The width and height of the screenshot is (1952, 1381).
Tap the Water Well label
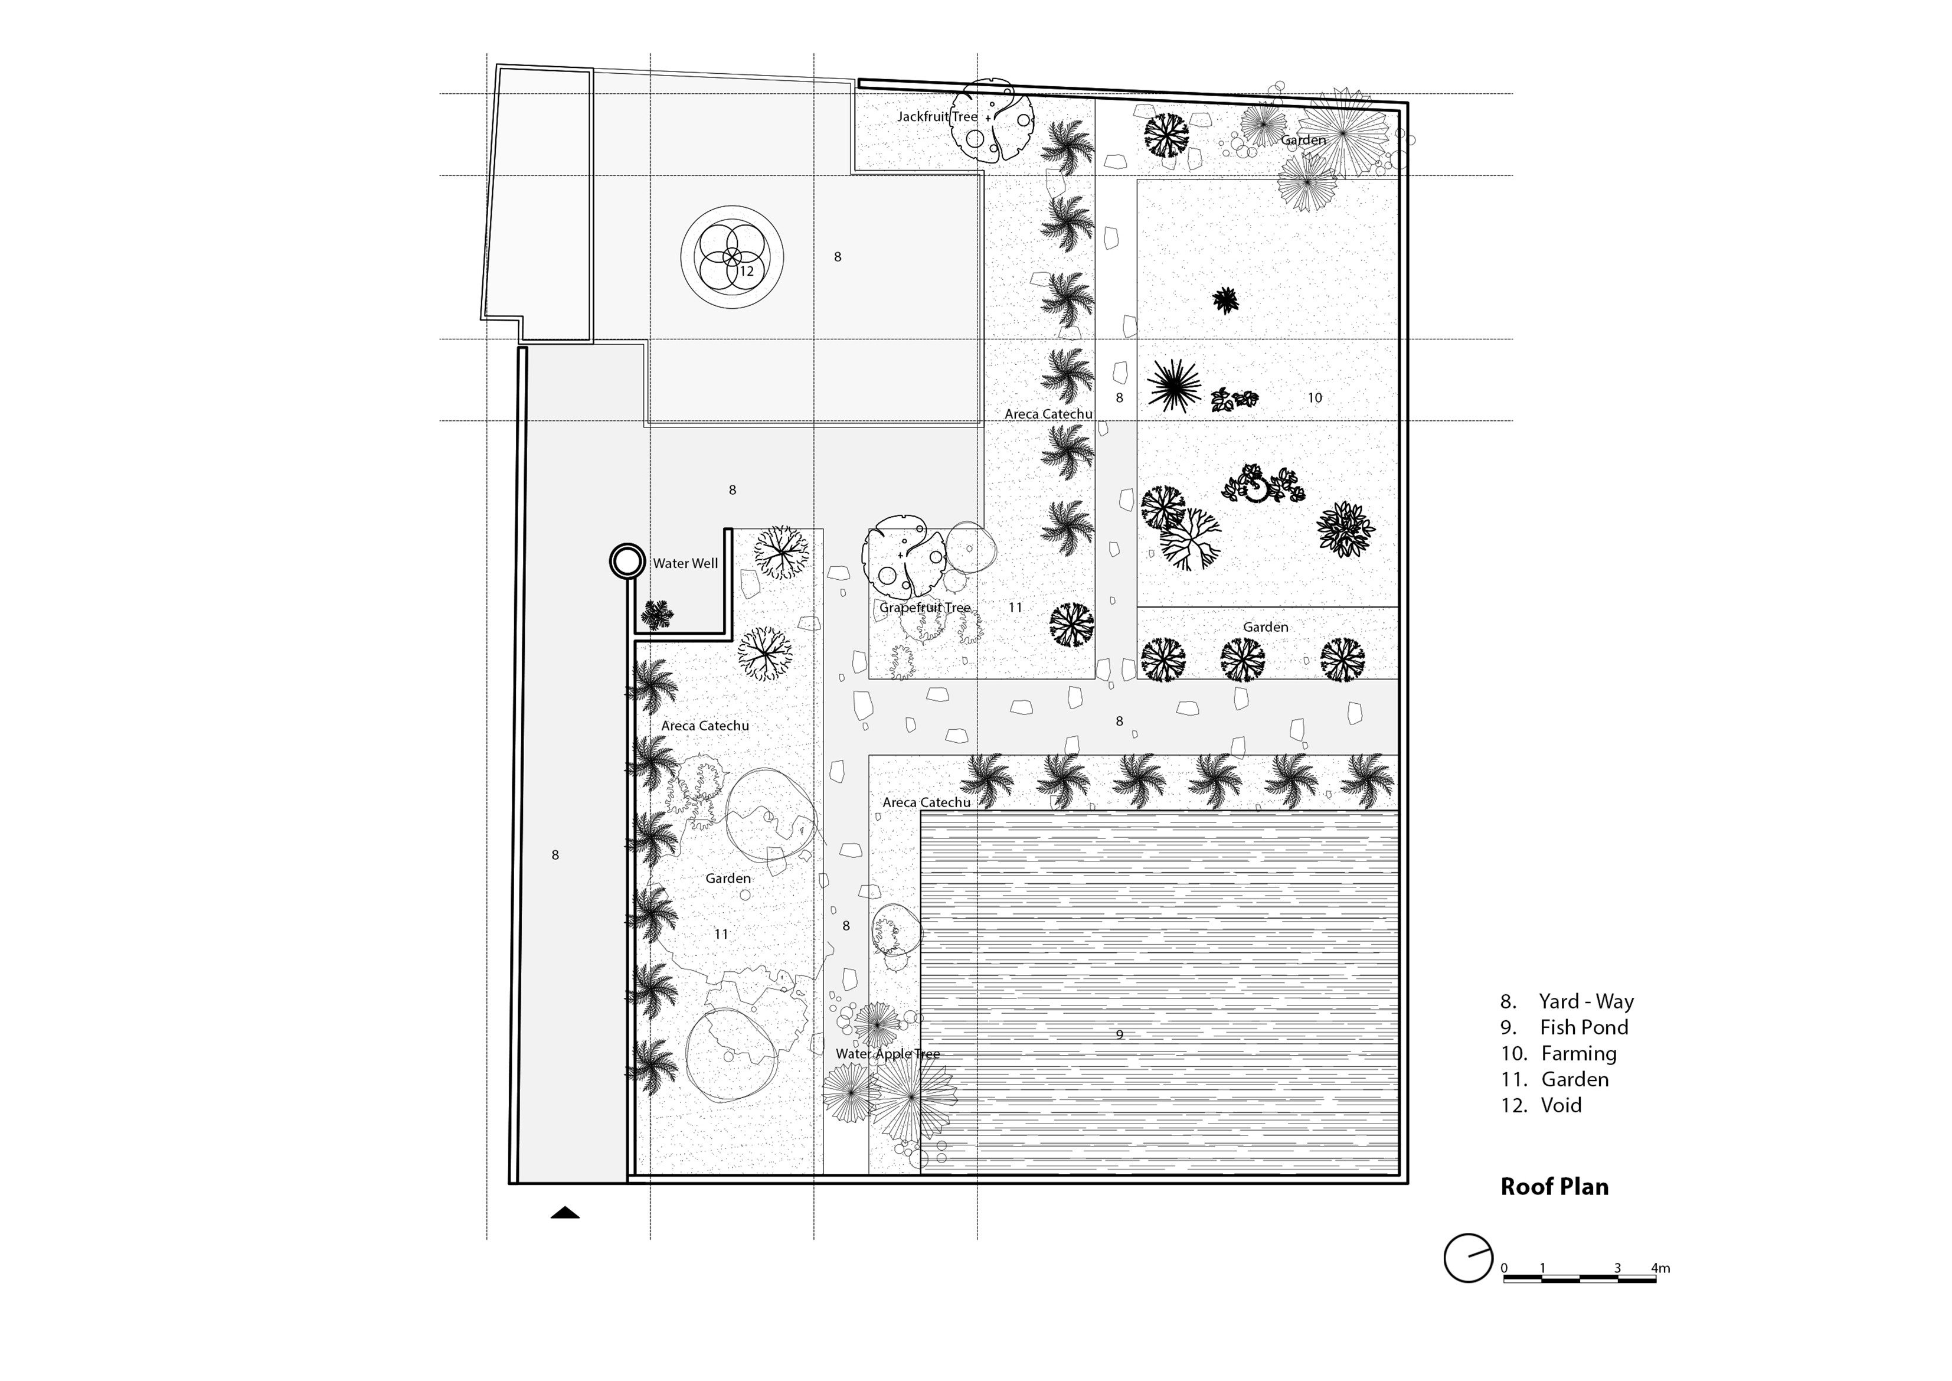point(685,563)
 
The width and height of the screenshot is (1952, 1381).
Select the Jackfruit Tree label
point(938,116)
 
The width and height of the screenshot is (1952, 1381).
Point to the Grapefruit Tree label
point(925,608)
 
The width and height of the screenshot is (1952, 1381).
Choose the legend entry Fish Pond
point(1564,1027)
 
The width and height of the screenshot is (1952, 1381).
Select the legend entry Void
point(1541,1105)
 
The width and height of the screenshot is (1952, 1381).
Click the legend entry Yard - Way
point(1567,1002)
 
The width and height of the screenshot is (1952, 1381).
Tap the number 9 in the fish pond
point(1120,1035)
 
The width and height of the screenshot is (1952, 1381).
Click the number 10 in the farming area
point(1315,397)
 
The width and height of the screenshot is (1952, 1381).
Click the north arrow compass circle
point(1468,1258)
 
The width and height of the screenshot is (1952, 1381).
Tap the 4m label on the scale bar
point(1660,1268)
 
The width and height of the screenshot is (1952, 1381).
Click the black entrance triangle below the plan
point(565,1213)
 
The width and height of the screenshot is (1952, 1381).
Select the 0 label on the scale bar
point(1504,1268)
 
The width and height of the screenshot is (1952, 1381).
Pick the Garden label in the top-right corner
point(1303,141)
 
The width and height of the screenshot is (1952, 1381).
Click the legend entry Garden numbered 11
point(1554,1079)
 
